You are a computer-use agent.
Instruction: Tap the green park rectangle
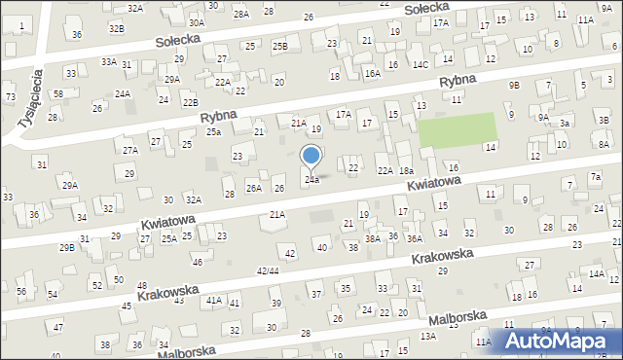point(457,130)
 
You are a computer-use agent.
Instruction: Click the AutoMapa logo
point(557,340)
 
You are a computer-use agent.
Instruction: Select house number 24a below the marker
point(311,180)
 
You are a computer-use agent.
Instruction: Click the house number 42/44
point(267,270)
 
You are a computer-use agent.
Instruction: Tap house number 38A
point(372,238)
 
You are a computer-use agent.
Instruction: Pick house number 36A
point(414,238)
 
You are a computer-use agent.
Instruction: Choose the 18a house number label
point(406,170)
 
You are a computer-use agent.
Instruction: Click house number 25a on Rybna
point(213,131)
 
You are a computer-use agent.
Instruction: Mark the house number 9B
point(513,86)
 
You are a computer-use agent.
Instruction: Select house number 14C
point(420,64)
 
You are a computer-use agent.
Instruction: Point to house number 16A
point(372,73)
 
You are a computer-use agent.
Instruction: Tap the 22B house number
point(191,102)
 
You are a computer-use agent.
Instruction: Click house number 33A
point(109,61)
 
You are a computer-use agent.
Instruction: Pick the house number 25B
point(280,46)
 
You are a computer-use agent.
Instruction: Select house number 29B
point(66,248)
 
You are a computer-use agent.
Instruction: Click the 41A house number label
point(213,302)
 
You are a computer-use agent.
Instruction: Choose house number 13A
point(427,336)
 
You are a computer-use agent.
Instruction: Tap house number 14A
point(596,274)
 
